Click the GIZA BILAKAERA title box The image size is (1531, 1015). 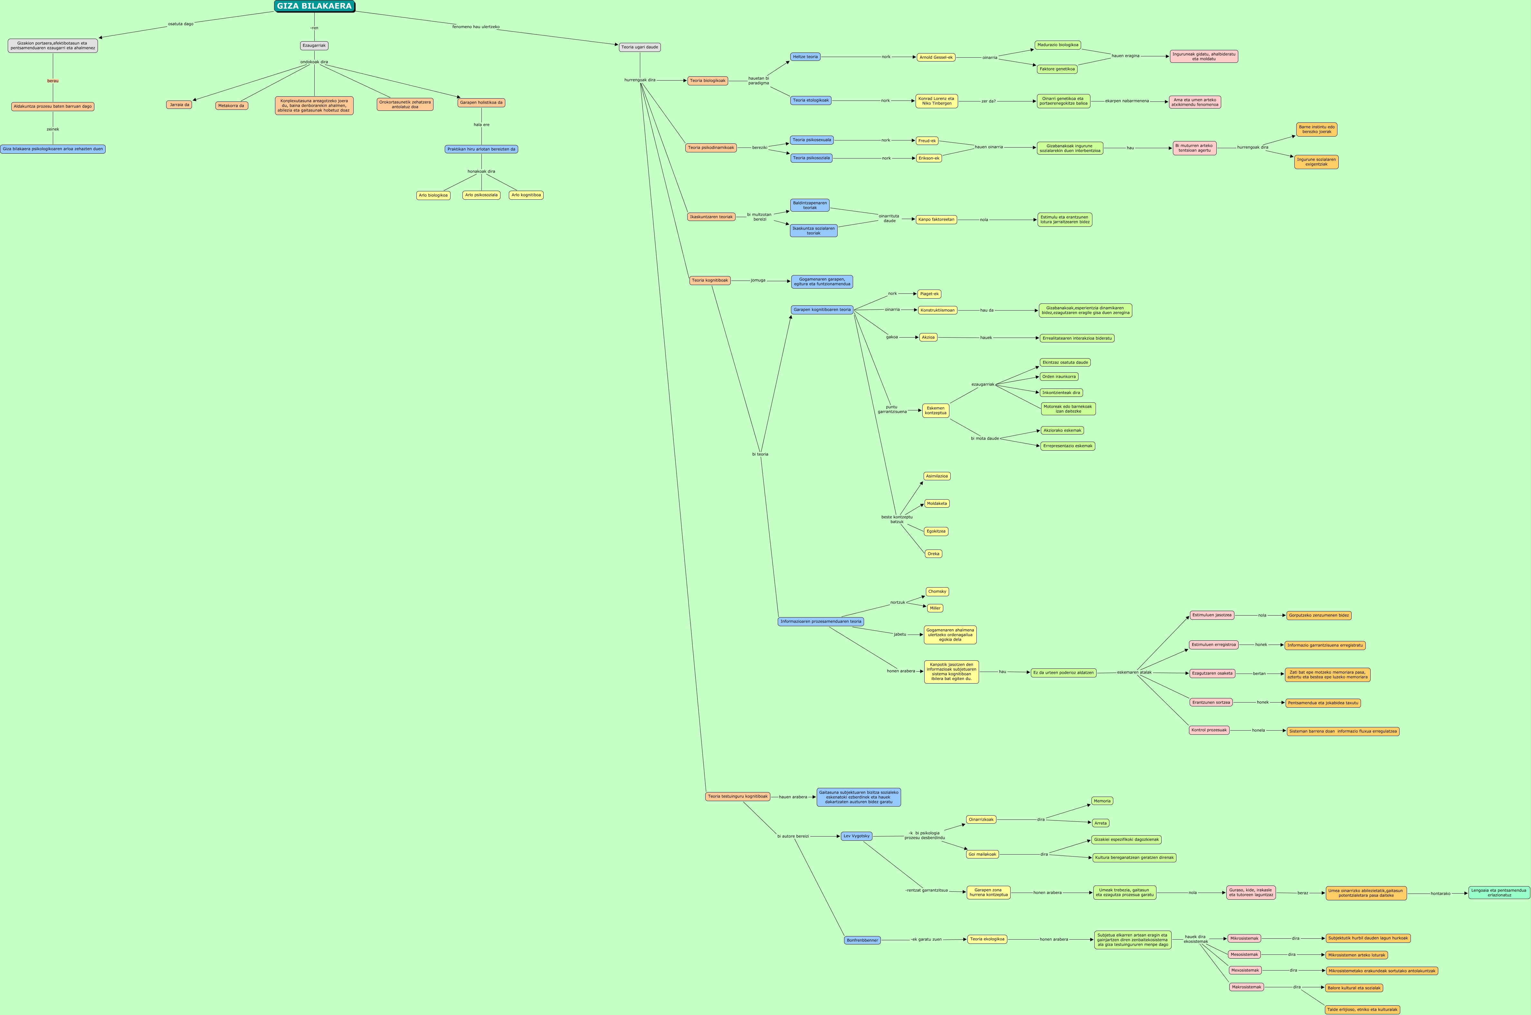coord(315,6)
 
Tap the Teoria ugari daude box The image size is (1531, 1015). coord(639,47)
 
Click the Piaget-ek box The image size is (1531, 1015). coord(929,294)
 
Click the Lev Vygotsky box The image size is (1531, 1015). coord(856,836)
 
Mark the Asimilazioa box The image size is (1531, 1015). coord(936,476)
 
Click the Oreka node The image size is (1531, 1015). coord(933,554)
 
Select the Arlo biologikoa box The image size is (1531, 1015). coord(433,196)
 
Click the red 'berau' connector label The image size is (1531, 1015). coord(53,81)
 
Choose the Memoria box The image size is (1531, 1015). coord(1102,801)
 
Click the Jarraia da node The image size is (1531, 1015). coord(179,105)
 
